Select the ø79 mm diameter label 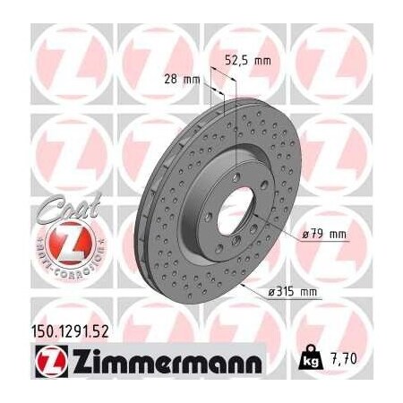click(x=325, y=235)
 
